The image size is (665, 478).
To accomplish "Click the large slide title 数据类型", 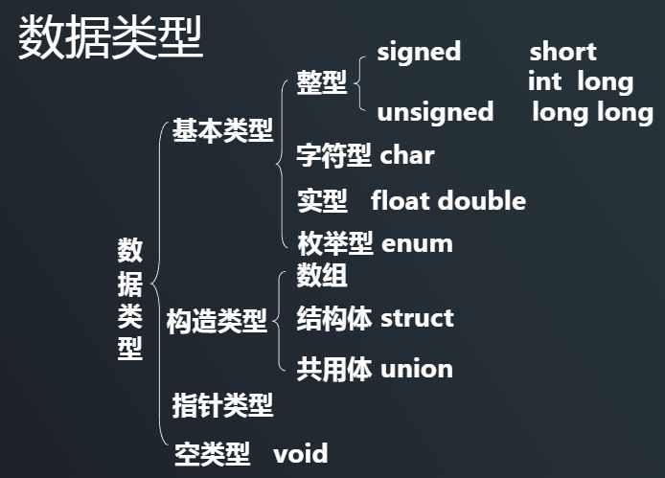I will pos(110,37).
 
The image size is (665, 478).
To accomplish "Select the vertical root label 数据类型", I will pos(130,299).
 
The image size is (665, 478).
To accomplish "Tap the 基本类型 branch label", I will pos(222,131).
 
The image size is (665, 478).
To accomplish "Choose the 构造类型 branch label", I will pos(217,321).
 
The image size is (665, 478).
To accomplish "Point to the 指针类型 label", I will pos(222,405).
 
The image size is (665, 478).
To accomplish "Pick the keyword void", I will pos(300,452).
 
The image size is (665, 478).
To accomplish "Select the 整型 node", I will pos(321,82).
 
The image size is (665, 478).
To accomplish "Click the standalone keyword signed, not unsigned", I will pos(419,52).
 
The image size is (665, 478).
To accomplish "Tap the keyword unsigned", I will pos(435,112).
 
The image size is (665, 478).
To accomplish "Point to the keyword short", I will pos(562,52).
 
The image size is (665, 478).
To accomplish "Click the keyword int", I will pos(544,81).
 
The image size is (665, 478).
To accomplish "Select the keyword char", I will pos(407,155).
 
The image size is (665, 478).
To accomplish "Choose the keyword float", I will pos(401,201).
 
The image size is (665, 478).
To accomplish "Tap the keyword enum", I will pos(417,243).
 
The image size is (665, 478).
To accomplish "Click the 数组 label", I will pos(321,276).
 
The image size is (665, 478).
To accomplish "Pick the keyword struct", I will pos(417,318).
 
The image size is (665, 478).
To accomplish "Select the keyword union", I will pos(417,369).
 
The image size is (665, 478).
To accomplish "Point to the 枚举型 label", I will pos(334,243).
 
